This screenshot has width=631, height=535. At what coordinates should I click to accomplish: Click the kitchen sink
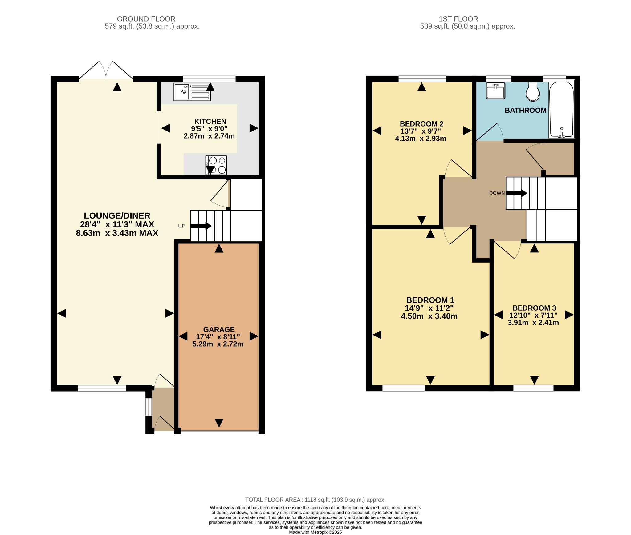click(x=192, y=92)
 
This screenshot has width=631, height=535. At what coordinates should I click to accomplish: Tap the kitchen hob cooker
click(x=216, y=165)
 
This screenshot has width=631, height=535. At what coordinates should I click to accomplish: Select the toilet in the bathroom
click(x=533, y=91)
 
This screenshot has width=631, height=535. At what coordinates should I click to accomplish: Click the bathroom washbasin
click(x=495, y=91)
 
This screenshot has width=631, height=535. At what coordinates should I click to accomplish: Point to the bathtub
click(x=561, y=109)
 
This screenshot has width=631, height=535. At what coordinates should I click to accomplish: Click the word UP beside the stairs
click(x=181, y=226)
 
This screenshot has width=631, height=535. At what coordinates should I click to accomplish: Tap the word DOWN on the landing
click(x=497, y=193)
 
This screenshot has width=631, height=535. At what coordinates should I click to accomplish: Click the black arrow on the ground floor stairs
click(x=201, y=226)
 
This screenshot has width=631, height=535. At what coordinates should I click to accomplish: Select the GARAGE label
click(x=219, y=329)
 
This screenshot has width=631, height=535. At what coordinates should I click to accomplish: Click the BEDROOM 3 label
click(x=534, y=308)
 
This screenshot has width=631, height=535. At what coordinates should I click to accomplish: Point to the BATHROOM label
click(x=525, y=110)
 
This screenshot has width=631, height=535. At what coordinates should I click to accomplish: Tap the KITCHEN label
click(x=210, y=122)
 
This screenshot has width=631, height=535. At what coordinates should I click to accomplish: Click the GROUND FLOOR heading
click(x=146, y=19)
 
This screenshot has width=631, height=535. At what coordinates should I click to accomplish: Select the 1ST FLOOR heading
click(x=458, y=19)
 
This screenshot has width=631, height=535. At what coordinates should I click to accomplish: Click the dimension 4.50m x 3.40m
click(x=429, y=316)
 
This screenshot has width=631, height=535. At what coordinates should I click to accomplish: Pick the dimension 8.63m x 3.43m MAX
click(x=117, y=233)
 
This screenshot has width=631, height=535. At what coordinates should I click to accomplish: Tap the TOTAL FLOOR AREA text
click(x=315, y=500)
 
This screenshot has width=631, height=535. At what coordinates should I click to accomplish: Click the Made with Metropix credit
click(x=315, y=532)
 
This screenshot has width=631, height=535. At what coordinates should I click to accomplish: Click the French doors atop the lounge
click(x=106, y=70)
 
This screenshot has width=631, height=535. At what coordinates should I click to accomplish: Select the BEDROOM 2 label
click(x=421, y=124)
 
